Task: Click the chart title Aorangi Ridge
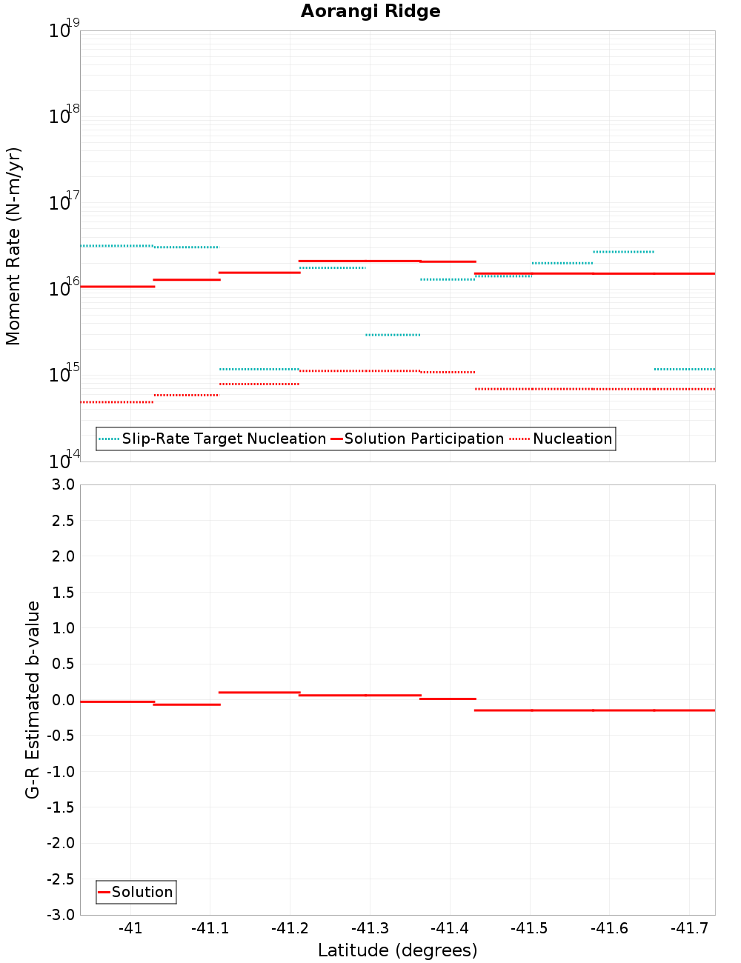tap(370, 12)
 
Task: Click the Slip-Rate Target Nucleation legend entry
tap(223, 439)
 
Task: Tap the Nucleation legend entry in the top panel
tap(572, 439)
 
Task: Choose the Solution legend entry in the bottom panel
tap(142, 893)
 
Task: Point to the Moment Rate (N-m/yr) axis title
tap(13, 246)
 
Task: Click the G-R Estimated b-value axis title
tap(33, 700)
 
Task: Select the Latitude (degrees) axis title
tap(397, 950)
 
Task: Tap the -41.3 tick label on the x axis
tap(370, 929)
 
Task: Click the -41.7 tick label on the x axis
tap(689, 929)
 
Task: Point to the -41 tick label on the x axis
tap(130, 929)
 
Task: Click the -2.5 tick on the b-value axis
tap(61, 879)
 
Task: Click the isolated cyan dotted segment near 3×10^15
tap(393, 335)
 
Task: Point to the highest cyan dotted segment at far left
tap(116, 245)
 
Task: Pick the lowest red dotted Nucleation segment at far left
tap(116, 401)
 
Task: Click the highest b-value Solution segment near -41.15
tap(259, 692)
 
